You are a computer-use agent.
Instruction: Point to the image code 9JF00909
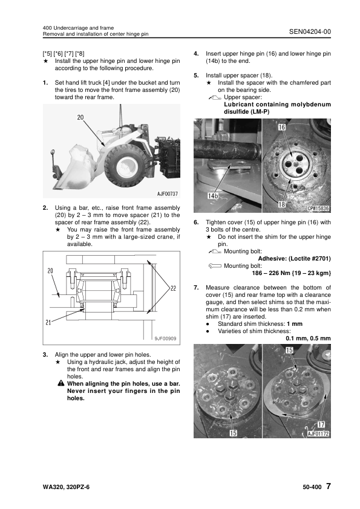pyautogui.click(x=165, y=339)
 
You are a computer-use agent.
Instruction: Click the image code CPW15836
pyautogui.click(x=318, y=208)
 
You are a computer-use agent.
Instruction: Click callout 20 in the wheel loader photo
pyautogui.click(x=80, y=117)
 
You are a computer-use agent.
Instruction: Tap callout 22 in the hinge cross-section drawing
pyautogui.click(x=172, y=289)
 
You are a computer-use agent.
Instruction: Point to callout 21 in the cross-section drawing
pyautogui.click(x=48, y=322)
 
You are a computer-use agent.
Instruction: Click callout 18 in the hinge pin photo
pyautogui.click(x=281, y=206)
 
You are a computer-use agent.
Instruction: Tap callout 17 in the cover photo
pyautogui.click(x=321, y=424)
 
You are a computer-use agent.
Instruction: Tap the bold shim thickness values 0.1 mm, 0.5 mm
pyautogui.click(x=308, y=338)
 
